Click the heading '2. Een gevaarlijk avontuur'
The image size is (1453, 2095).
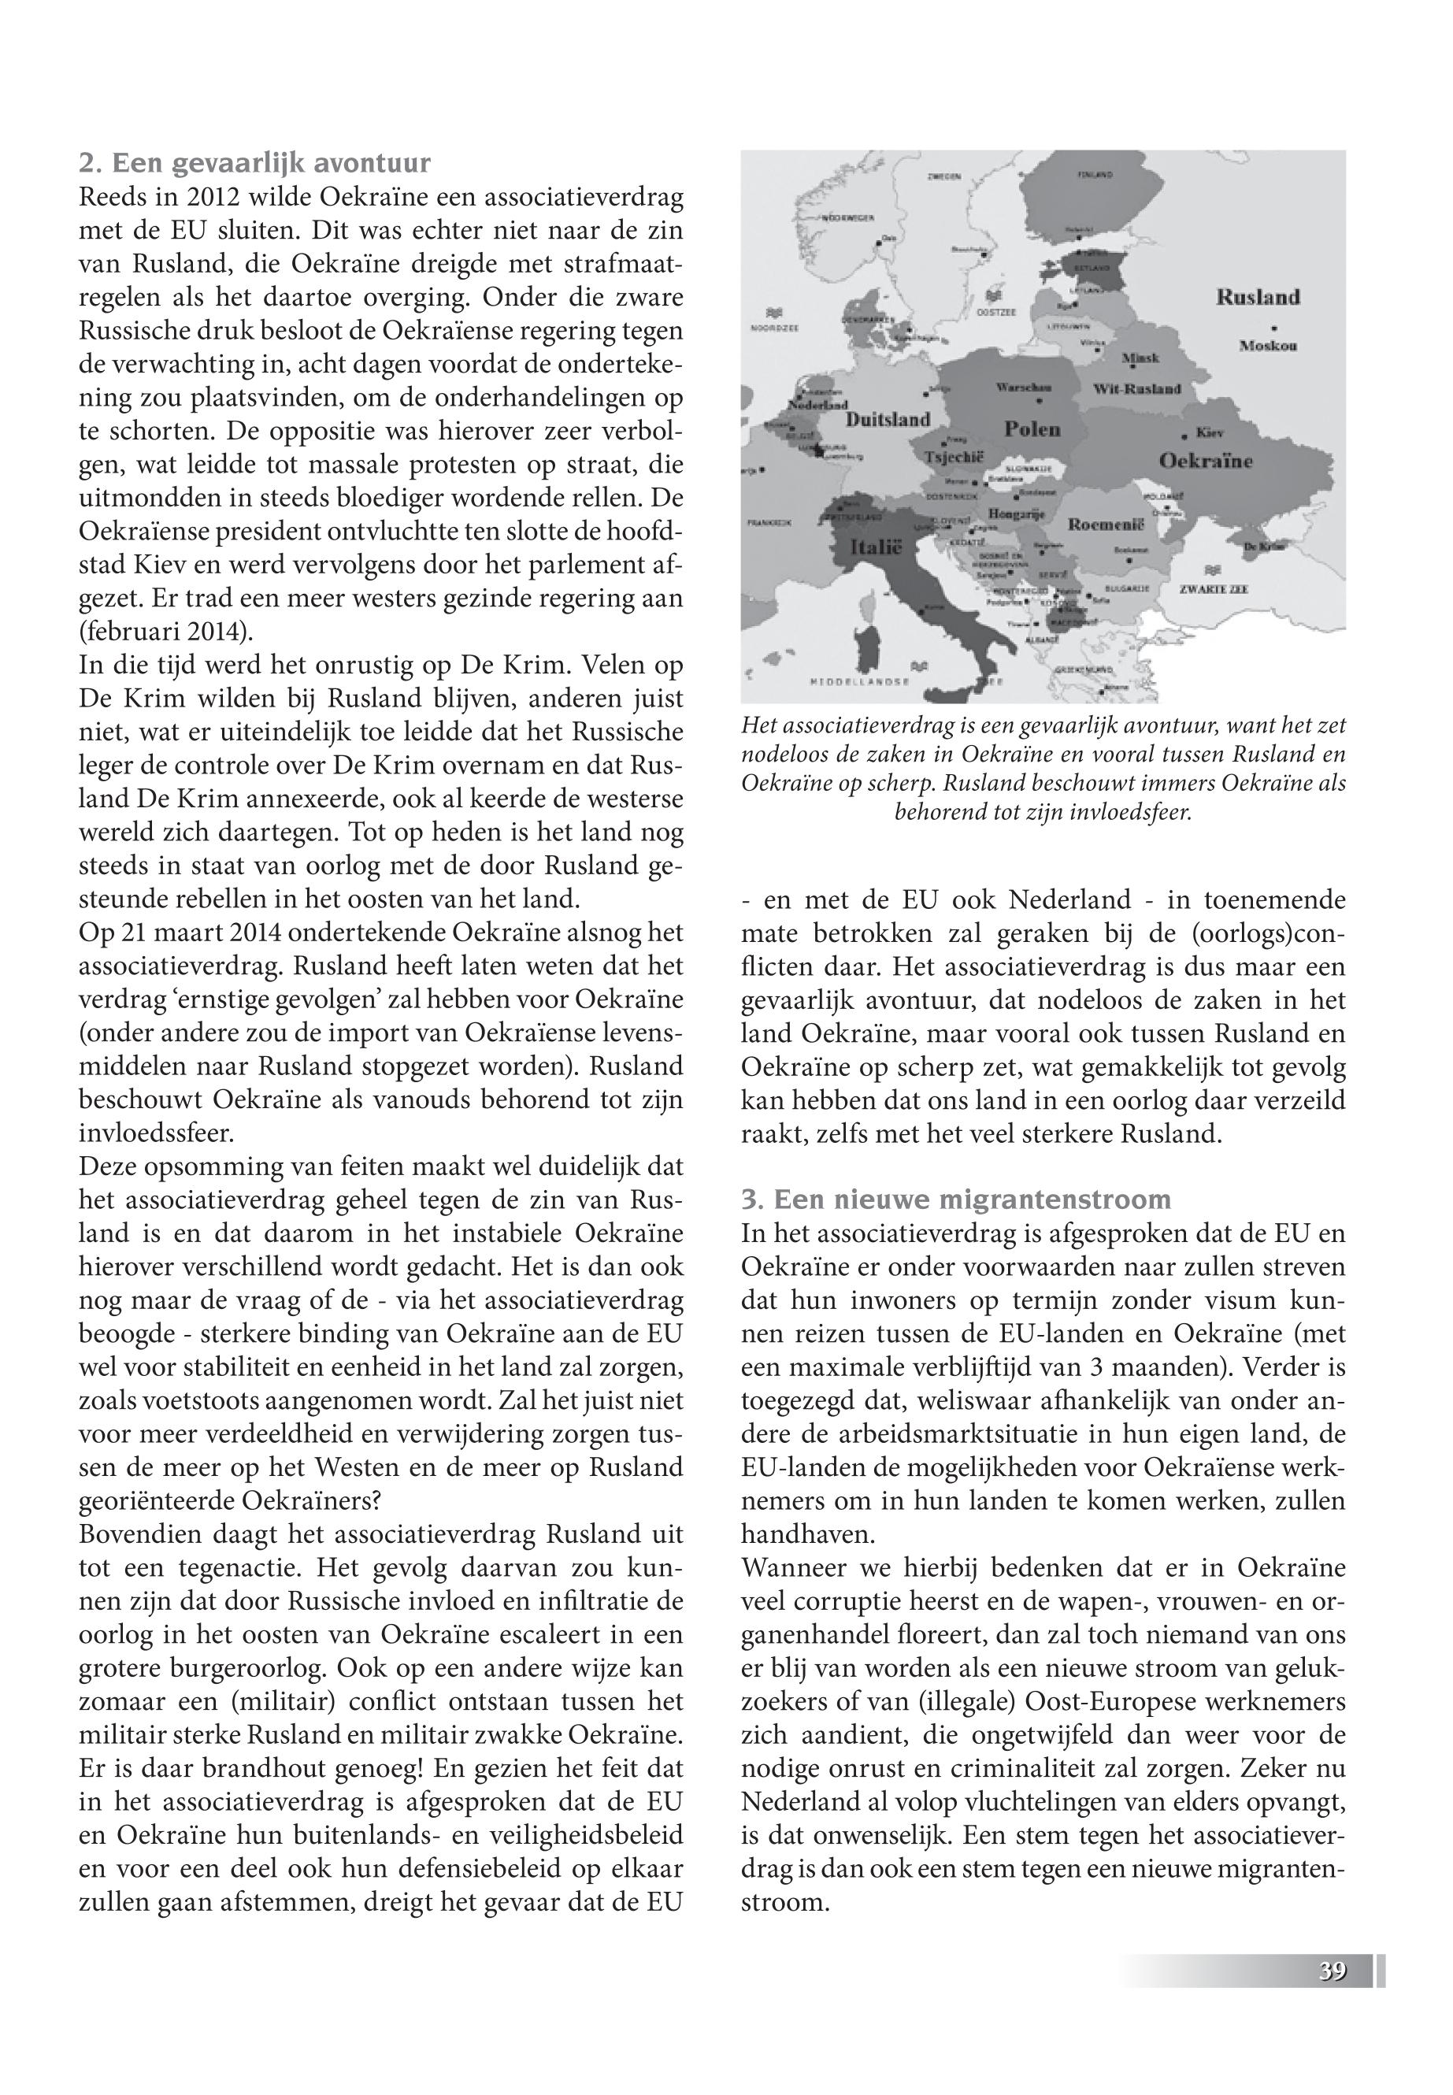pos(255,164)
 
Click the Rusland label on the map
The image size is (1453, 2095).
pos(1258,297)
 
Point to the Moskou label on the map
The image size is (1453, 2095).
pos(1268,346)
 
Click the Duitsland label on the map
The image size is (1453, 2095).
pos(888,420)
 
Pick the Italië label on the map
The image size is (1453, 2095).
pos(875,548)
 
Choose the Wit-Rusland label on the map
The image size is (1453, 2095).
pos(1137,389)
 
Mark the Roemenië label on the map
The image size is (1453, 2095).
pos(1104,525)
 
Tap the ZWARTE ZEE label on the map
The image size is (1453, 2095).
pos(1214,589)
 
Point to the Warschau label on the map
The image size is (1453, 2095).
pos(1025,387)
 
